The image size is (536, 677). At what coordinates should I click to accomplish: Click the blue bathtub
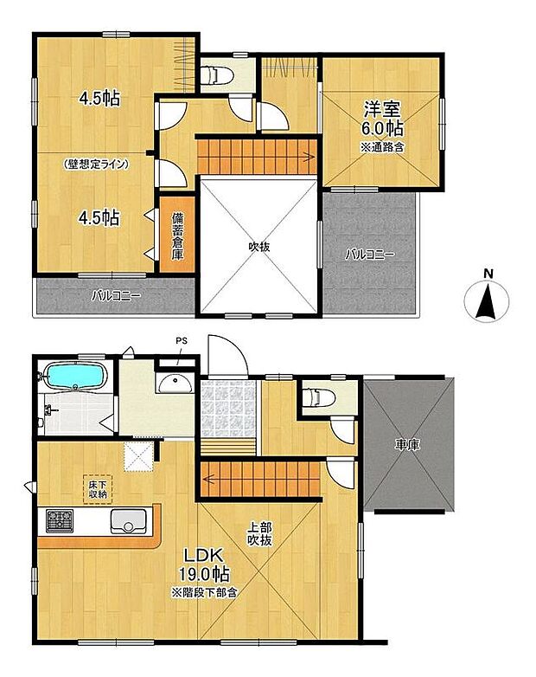[x=73, y=378]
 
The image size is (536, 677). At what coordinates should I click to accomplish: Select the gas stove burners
[x=60, y=521]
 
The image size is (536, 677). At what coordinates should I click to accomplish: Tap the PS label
[x=181, y=340]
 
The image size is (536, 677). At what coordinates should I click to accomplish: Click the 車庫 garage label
[x=408, y=445]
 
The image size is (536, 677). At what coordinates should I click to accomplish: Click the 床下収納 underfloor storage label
[x=96, y=488]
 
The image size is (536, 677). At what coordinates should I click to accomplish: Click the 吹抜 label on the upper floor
[x=259, y=247]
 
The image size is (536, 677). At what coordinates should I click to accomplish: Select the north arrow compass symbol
[x=488, y=304]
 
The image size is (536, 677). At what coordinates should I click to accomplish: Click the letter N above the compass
[x=488, y=275]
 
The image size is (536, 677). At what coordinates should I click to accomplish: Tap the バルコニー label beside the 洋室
[x=370, y=255]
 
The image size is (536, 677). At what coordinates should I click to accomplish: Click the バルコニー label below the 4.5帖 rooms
[x=117, y=295]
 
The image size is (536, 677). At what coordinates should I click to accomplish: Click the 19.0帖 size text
[x=203, y=574]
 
